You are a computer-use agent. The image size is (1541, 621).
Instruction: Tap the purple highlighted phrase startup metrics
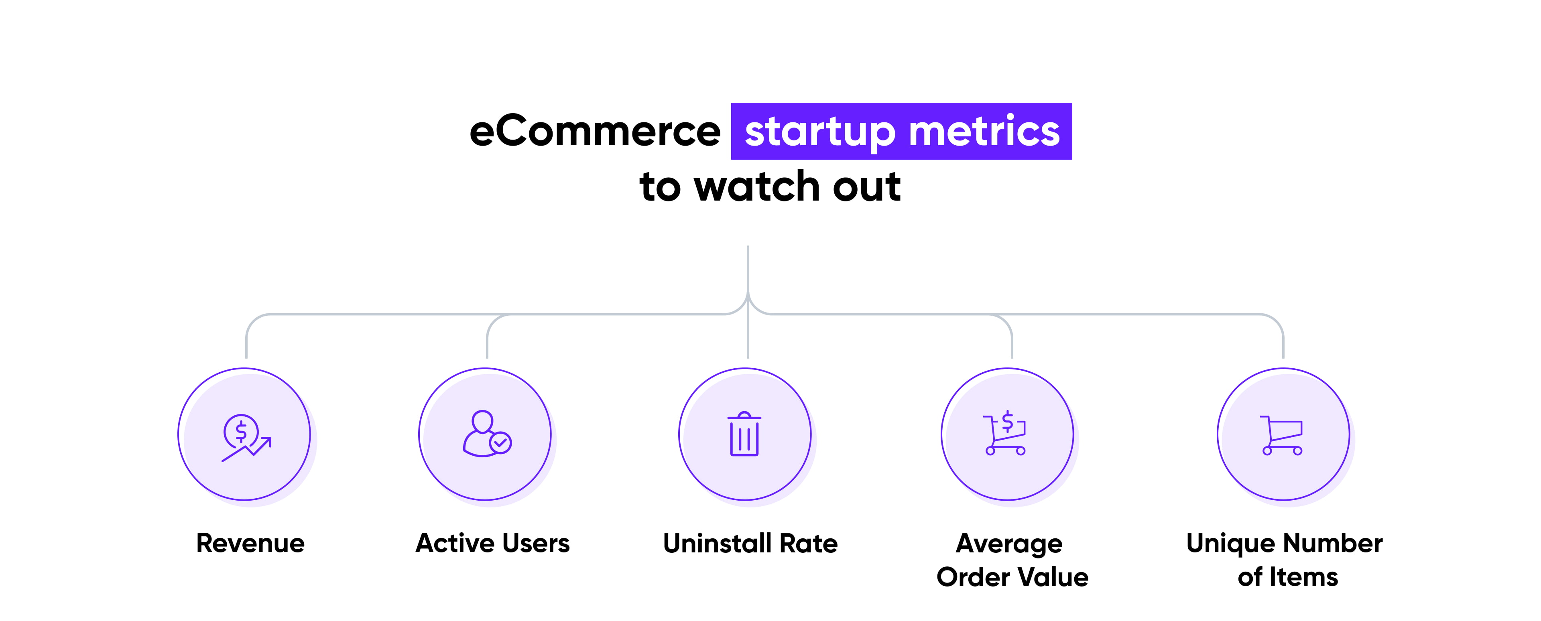[x=901, y=132]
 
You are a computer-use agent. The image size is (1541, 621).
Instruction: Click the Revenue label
[x=250, y=543]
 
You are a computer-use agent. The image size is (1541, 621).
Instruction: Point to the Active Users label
[x=492, y=543]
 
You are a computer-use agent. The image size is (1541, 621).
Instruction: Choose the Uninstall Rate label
[x=750, y=543]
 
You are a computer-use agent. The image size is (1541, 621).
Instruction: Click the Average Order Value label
[x=1012, y=560]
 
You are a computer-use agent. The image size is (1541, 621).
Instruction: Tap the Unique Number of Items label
[x=1284, y=560]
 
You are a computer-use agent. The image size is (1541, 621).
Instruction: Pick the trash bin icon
[x=744, y=434]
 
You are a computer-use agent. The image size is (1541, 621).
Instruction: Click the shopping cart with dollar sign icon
[x=1005, y=433]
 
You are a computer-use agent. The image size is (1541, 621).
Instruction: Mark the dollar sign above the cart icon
[x=1007, y=421]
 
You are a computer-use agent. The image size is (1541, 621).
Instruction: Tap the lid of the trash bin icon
[x=744, y=416]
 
